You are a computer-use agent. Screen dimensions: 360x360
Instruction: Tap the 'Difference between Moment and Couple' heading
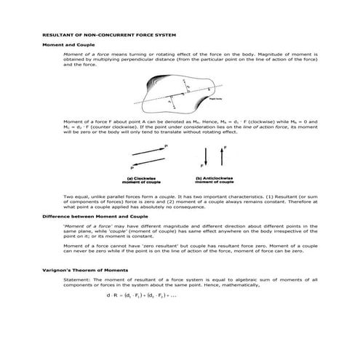pyautogui.click(x=86, y=217)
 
